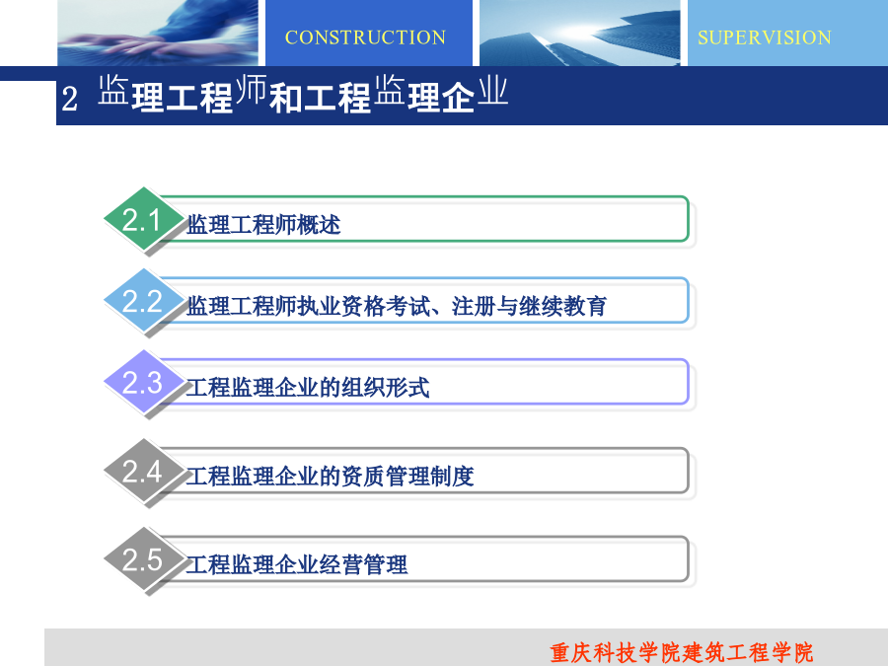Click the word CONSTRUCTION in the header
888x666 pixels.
click(x=365, y=37)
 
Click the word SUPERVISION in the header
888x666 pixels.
click(x=765, y=37)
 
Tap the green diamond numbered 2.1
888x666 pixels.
click(x=144, y=219)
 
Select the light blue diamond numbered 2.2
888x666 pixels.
click(x=144, y=300)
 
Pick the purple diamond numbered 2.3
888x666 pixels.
click(x=144, y=382)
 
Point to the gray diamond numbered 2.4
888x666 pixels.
click(x=144, y=471)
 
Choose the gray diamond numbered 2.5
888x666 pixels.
click(x=144, y=559)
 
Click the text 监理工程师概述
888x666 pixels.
click(x=263, y=225)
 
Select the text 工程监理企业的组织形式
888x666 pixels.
click(x=308, y=388)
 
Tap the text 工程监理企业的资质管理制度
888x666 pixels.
click(x=330, y=477)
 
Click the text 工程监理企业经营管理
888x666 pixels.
click(x=297, y=564)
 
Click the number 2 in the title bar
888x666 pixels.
click(x=70, y=99)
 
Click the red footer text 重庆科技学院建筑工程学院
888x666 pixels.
click(x=681, y=652)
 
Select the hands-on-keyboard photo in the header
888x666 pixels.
click(x=158, y=33)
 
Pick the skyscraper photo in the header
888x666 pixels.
click(x=580, y=33)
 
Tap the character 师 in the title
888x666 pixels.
click(x=251, y=90)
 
